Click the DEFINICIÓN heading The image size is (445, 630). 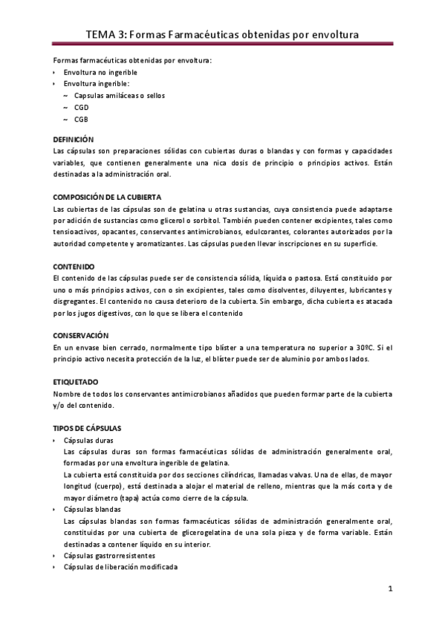(74, 139)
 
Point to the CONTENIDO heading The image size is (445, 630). (74, 265)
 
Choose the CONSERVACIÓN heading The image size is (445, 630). (82, 336)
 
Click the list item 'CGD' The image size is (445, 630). (82, 107)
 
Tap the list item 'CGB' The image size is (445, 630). (82, 119)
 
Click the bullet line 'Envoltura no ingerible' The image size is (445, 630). (100, 72)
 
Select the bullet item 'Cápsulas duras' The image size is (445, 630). (89, 441)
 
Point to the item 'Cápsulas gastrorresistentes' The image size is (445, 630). (110, 555)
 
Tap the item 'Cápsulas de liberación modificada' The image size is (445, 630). (121, 567)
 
